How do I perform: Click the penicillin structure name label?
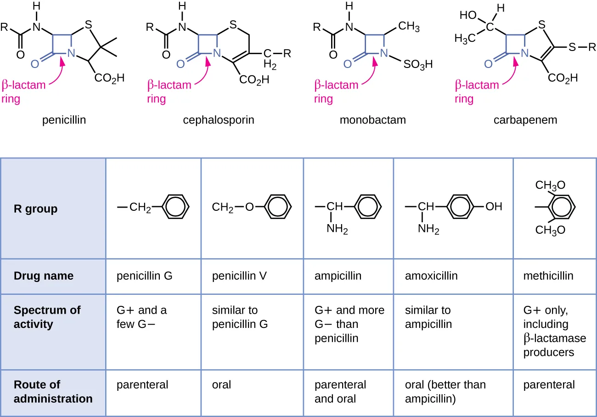64,120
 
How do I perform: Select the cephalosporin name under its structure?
219,120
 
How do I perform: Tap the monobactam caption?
372,120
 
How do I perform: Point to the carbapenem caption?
525,120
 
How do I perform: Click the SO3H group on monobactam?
418,64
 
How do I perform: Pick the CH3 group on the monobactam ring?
409,27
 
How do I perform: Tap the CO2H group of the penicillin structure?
109,78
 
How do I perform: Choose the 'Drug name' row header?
44,276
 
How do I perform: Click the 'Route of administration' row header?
53,391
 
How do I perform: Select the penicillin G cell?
144,276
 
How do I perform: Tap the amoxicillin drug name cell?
431,276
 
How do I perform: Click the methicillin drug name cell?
548,276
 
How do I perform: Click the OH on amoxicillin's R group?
494,207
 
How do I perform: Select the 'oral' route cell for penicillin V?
221,385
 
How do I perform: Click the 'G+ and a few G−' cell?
141,317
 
